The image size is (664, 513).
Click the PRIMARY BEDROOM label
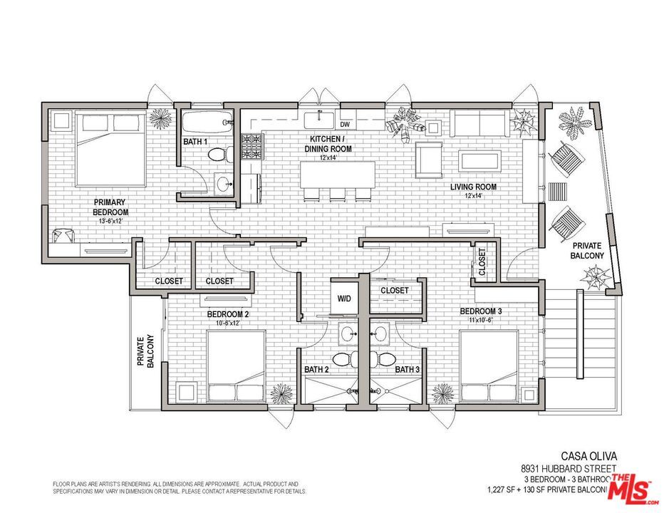pyautogui.click(x=110, y=207)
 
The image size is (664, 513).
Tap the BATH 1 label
pyautogui.click(x=195, y=142)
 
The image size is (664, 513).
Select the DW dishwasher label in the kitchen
pyautogui.click(x=345, y=124)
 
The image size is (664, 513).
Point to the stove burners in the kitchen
pyautogui.click(x=251, y=147)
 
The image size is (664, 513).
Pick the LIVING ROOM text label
pyautogui.click(x=473, y=187)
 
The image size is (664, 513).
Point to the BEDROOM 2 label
pyautogui.click(x=228, y=313)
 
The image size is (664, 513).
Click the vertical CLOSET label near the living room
pyautogui.click(x=482, y=262)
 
